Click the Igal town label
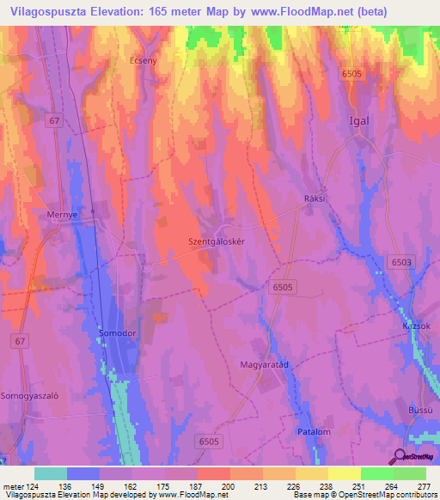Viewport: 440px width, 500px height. pyautogui.click(x=358, y=120)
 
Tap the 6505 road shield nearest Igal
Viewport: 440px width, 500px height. pyautogui.click(x=350, y=75)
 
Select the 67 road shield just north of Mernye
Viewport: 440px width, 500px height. pyautogui.click(x=55, y=121)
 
